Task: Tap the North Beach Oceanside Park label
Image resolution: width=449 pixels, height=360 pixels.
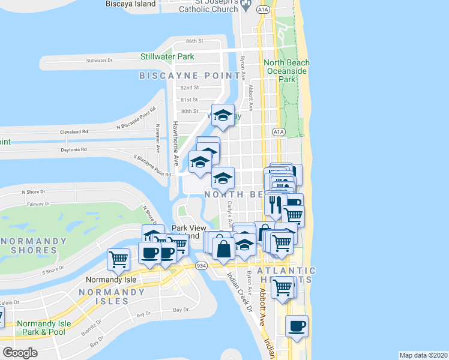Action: (x=287, y=71)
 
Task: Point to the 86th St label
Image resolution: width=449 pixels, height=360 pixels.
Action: (x=195, y=41)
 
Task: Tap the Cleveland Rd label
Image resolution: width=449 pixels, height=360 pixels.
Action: (x=74, y=131)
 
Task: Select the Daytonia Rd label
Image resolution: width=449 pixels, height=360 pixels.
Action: (x=74, y=149)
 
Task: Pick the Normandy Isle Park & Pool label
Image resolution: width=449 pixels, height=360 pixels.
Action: (x=44, y=328)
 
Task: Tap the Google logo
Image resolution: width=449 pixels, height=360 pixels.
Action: (x=20, y=353)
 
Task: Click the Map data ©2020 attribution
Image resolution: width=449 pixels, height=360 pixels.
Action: (x=423, y=355)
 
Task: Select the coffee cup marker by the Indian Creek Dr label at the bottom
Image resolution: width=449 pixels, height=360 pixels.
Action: (x=297, y=326)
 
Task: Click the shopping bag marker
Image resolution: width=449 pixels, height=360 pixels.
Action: (x=223, y=248)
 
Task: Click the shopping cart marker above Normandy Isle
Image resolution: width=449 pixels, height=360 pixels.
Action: (x=119, y=259)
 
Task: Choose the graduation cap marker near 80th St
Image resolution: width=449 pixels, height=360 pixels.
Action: (x=223, y=115)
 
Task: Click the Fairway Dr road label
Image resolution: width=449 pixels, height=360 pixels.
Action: (x=38, y=204)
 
